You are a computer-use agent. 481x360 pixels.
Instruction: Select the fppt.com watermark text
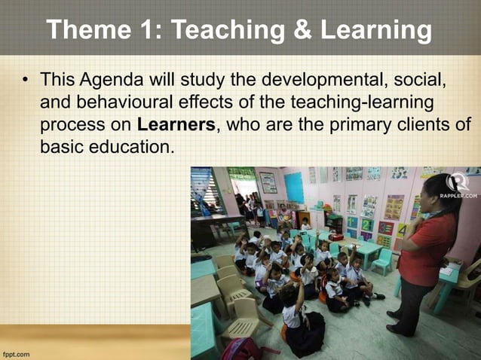(16, 352)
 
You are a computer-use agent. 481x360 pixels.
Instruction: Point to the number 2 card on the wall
(367, 224)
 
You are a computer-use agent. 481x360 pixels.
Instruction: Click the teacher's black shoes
(398, 328)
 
